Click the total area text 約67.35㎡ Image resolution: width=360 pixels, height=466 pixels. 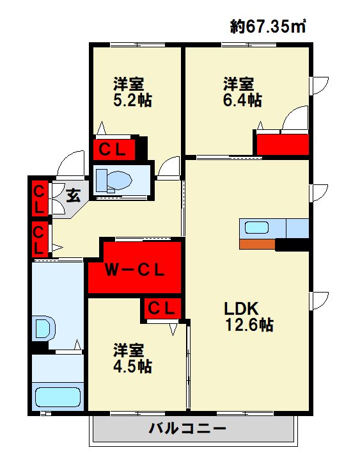coord(267,26)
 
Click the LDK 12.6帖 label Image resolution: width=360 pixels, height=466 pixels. coord(248,316)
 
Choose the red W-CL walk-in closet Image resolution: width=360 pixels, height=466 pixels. coord(136,266)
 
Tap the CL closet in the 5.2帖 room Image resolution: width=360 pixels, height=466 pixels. coord(116,149)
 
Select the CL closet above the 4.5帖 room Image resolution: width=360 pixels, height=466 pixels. coord(162,308)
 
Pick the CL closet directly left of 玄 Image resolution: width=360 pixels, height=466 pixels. coord(38,199)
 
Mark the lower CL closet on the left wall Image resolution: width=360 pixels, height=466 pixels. coord(38,238)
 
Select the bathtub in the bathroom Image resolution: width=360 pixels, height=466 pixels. coord(58,396)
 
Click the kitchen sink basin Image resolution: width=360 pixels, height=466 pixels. coord(258,227)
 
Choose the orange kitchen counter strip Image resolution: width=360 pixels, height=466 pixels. coord(257,244)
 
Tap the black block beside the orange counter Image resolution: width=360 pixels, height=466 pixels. coord(292,245)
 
